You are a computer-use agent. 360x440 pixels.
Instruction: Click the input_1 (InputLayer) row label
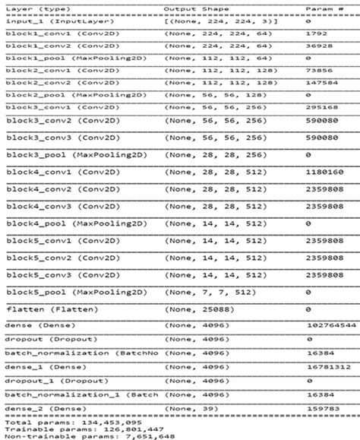(44, 22)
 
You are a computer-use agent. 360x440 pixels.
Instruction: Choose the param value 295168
(319, 108)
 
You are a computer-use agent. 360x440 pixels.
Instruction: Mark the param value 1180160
(322, 173)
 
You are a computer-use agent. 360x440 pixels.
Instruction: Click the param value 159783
(319, 409)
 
